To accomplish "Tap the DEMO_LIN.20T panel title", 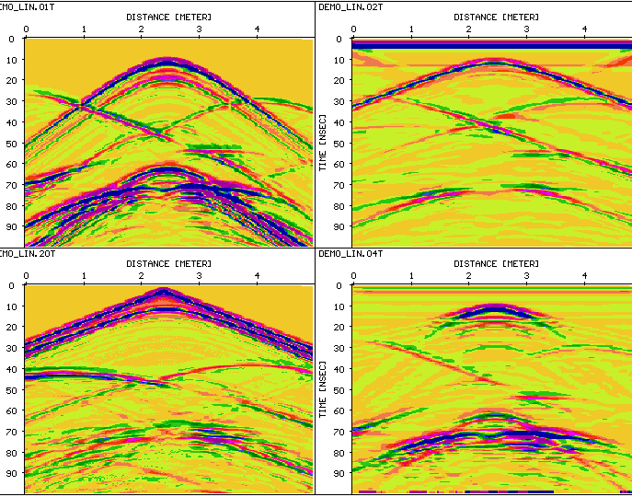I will tap(29, 253).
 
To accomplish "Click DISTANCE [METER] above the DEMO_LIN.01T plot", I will tap(169, 17).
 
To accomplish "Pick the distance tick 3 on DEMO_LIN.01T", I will tap(200, 29).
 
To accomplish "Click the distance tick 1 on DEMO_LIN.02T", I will tap(411, 29).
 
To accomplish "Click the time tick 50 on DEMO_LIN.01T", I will tap(10, 144).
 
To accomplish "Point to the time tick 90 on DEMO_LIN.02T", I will tap(339, 226).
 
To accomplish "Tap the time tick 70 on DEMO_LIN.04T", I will tap(339, 432).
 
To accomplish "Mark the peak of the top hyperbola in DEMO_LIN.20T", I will tap(166, 291).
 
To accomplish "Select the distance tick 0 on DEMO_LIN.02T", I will tap(353, 29).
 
